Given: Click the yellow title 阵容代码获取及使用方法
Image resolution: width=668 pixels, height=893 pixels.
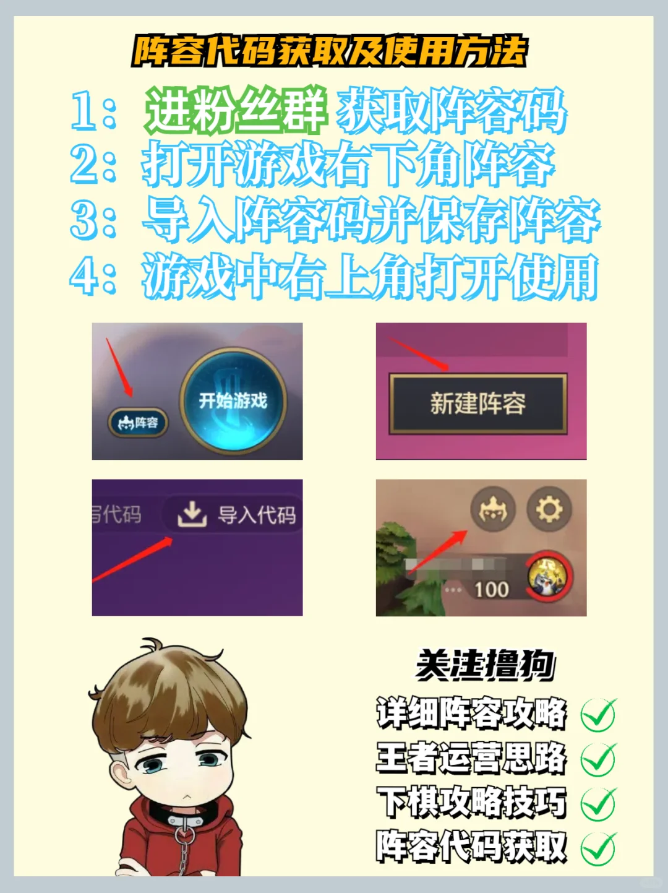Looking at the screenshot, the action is tap(330, 51).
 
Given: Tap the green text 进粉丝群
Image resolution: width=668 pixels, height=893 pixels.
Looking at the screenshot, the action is tap(237, 111).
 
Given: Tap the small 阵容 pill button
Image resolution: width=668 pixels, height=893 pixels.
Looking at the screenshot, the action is tap(138, 423).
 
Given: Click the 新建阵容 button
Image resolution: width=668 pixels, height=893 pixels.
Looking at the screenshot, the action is tap(478, 403).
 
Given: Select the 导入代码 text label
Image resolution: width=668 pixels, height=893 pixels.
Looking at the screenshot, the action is tap(257, 515).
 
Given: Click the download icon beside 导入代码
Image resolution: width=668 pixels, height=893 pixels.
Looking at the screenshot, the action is tap(192, 514).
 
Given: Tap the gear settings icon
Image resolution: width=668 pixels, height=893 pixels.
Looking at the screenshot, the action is tap(549, 509).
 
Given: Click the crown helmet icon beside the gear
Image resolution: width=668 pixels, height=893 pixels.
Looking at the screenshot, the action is tap(493, 509).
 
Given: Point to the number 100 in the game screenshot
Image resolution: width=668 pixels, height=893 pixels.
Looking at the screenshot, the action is tap(492, 589).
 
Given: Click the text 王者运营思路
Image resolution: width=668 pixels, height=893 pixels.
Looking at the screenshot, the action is tap(471, 757).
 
